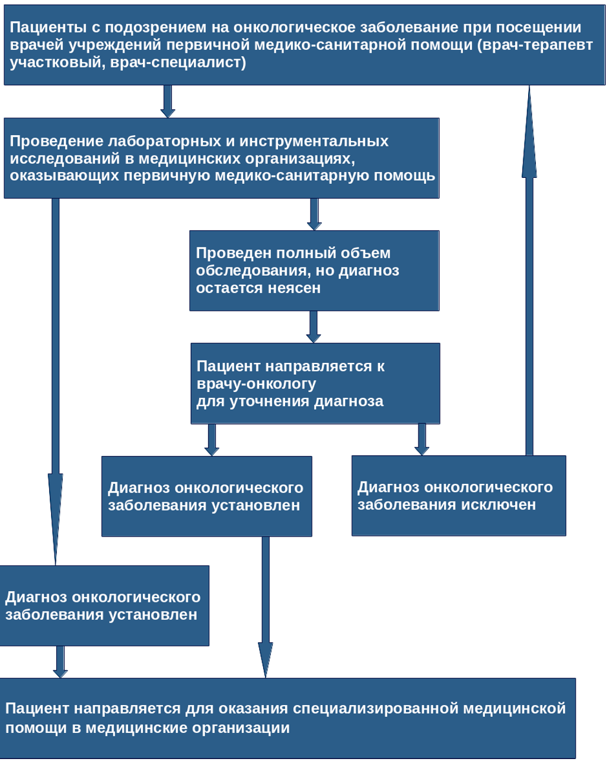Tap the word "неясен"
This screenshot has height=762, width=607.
(295, 288)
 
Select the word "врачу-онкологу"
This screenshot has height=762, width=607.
(256, 384)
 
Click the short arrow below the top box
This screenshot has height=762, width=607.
(168, 101)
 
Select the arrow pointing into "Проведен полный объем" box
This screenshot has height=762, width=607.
(314, 214)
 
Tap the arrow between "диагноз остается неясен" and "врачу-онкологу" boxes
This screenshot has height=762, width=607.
(314, 327)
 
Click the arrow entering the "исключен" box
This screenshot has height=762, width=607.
(421, 439)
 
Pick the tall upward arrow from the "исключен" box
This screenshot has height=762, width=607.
(529, 267)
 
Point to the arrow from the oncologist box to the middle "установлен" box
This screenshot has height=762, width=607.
(212, 440)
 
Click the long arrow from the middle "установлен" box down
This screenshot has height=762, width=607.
(265, 605)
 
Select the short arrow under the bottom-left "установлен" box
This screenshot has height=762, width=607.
(60, 662)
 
